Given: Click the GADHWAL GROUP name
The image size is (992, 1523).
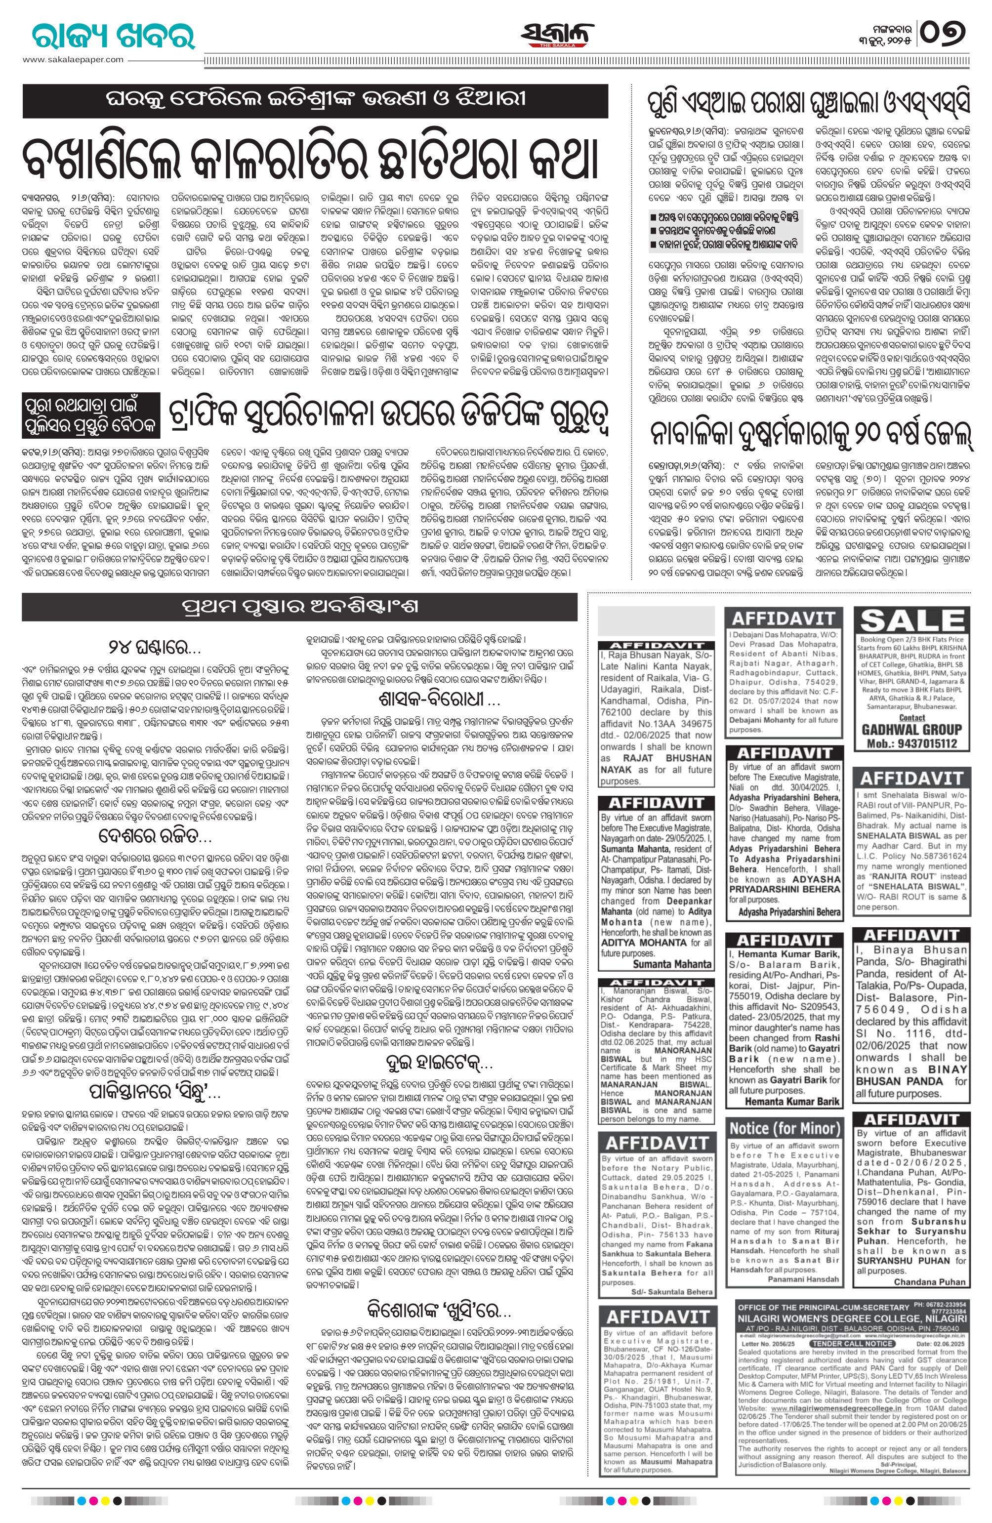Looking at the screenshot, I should tap(912, 729).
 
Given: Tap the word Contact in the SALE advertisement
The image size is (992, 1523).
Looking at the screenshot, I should tap(911, 718).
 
